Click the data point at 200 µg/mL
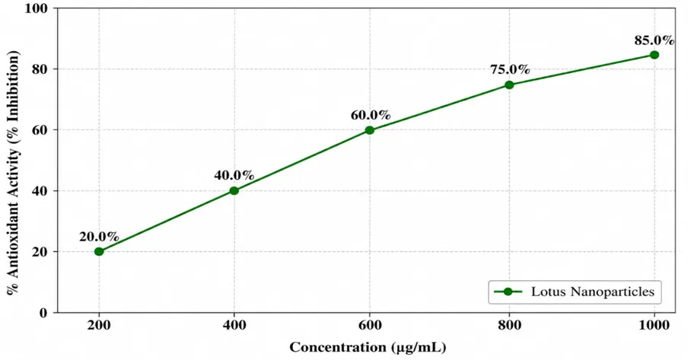click(x=99, y=252)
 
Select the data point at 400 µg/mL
click(x=234, y=190)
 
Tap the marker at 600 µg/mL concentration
click(x=369, y=130)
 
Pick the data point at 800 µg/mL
click(x=509, y=84)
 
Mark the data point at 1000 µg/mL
click(x=655, y=55)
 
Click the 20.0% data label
click(x=99, y=237)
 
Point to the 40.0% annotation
click(x=234, y=176)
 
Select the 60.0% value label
click(x=371, y=115)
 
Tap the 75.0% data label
click(x=510, y=69)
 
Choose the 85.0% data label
click(x=655, y=40)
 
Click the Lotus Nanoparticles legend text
click(x=593, y=292)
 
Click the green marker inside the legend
click(x=508, y=292)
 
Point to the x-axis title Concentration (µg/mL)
click(x=368, y=347)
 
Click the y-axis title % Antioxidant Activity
click(x=14, y=173)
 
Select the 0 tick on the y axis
click(x=43, y=313)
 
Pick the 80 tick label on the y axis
click(x=40, y=69)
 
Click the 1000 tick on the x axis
click(x=655, y=325)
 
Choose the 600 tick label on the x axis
click(x=369, y=325)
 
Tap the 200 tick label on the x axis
click(x=99, y=325)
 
